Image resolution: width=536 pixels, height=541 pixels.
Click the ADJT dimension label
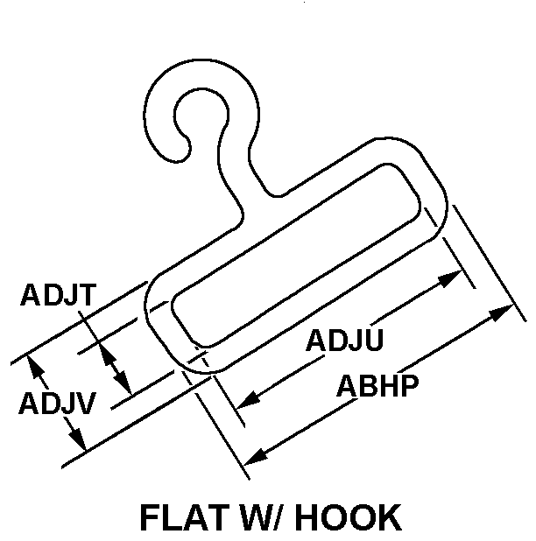[x=58, y=295]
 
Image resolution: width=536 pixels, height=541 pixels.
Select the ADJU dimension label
[x=344, y=340]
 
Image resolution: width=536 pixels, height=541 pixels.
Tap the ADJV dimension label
[x=57, y=403]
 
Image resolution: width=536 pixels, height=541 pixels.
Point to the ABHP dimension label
[x=377, y=385]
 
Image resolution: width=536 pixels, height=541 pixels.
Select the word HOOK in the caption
[x=349, y=517]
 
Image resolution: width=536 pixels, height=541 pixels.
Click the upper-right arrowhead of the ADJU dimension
[x=450, y=278]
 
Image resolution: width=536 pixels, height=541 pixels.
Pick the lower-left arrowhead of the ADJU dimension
[x=249, y=400]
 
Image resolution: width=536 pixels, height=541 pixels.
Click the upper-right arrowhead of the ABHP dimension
[x=501, y=313]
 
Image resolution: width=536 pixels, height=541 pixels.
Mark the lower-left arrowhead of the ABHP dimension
[x=256, y=456]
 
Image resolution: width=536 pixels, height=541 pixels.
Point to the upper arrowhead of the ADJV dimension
[x=34, y=367]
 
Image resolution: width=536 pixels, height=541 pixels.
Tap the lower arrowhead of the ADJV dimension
[x=77, y=439]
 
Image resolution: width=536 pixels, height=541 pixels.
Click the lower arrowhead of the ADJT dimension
[x=123, y=383]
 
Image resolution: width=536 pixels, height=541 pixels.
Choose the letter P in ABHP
[x=409, y=385]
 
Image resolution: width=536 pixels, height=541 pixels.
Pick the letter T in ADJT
[x=85, y=295]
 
